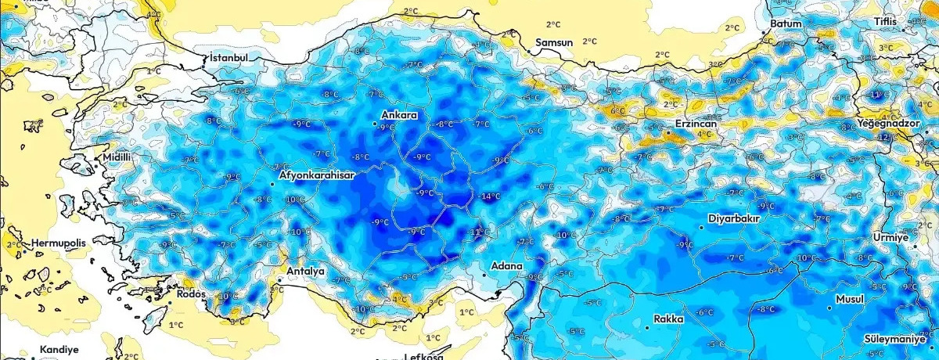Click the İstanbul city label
click(229, 59)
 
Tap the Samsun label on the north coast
click(555, 42)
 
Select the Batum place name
click(786, 24)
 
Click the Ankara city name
click(399, 116)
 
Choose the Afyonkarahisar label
click(317, 176)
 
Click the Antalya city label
click(306, 271)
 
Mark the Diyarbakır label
click(734, 218)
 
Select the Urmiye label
click(891, 237)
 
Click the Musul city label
click(849, 300)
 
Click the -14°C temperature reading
click(491, 196)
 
